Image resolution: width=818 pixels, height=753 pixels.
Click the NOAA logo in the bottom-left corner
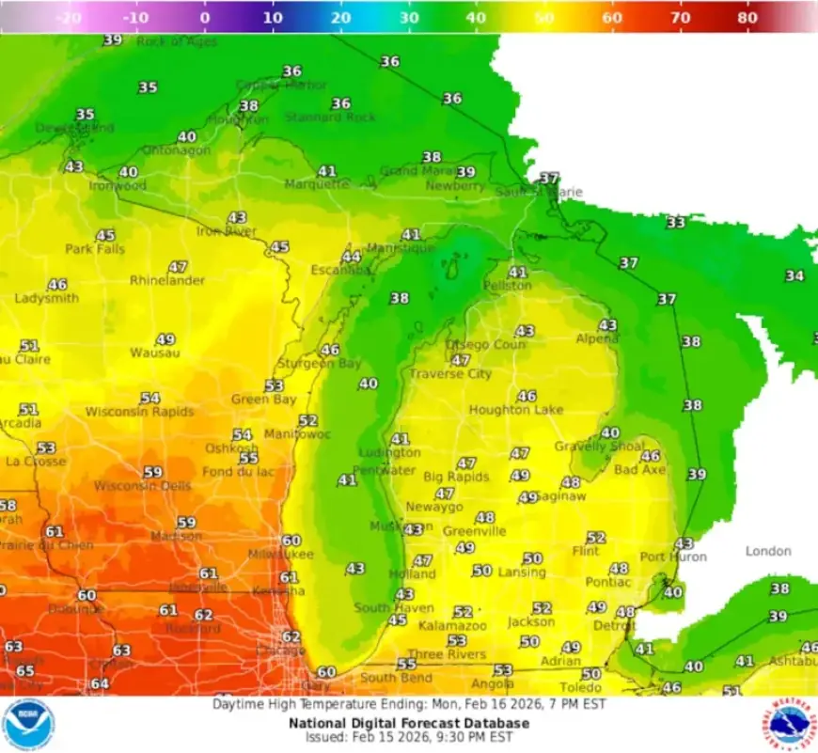[28, 725]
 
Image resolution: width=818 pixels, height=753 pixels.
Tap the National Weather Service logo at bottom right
[788, 725]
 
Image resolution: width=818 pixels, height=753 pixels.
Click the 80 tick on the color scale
[747, 17]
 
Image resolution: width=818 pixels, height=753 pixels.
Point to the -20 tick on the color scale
[68, 17]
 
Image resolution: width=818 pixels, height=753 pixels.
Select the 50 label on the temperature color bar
[543, 17]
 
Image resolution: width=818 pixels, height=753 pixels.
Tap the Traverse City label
[449, 374]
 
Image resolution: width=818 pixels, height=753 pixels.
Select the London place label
[768, 551]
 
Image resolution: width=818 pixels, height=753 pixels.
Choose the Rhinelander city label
[167, 280]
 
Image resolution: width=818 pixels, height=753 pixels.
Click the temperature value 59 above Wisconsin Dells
[152, 472]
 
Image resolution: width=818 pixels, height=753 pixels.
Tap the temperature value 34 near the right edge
[794, 275]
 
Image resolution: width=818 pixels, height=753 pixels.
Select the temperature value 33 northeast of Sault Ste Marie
[675, 223]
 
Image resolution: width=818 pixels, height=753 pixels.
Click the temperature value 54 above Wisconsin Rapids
[149, 399]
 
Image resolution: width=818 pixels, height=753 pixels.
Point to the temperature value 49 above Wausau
[165, 339]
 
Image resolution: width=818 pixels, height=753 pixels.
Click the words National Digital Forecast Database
[408, 723]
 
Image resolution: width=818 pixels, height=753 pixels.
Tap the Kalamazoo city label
[452, 625]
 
